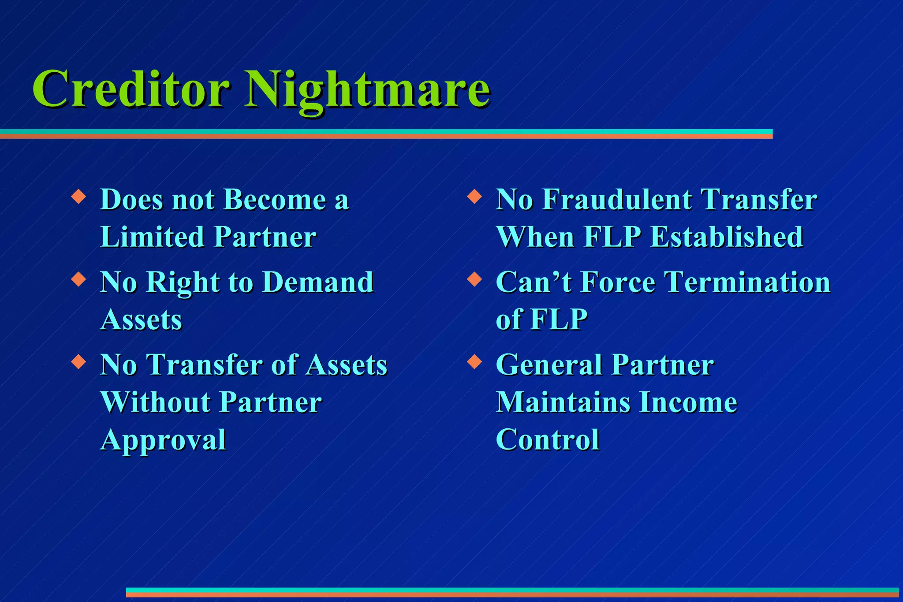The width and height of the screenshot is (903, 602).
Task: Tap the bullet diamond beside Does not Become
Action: tap(78, 196)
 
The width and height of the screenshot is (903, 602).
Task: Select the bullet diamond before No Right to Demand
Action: tap(78, 279)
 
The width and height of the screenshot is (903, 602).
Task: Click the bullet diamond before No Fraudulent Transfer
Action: tap(474, 196)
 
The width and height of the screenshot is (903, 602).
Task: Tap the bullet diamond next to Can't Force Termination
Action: tap(474, 279)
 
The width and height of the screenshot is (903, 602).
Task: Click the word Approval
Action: tap(163, 440)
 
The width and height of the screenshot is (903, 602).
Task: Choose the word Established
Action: tap(726, 237)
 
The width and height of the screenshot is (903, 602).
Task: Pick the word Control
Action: tap(547, 440)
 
